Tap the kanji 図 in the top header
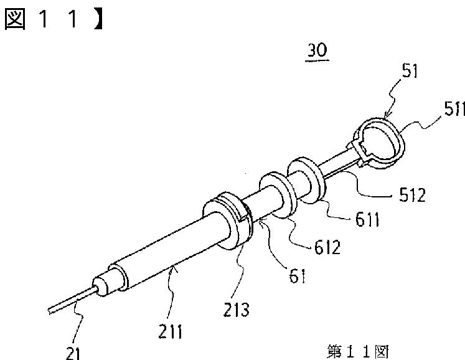(17, 19)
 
